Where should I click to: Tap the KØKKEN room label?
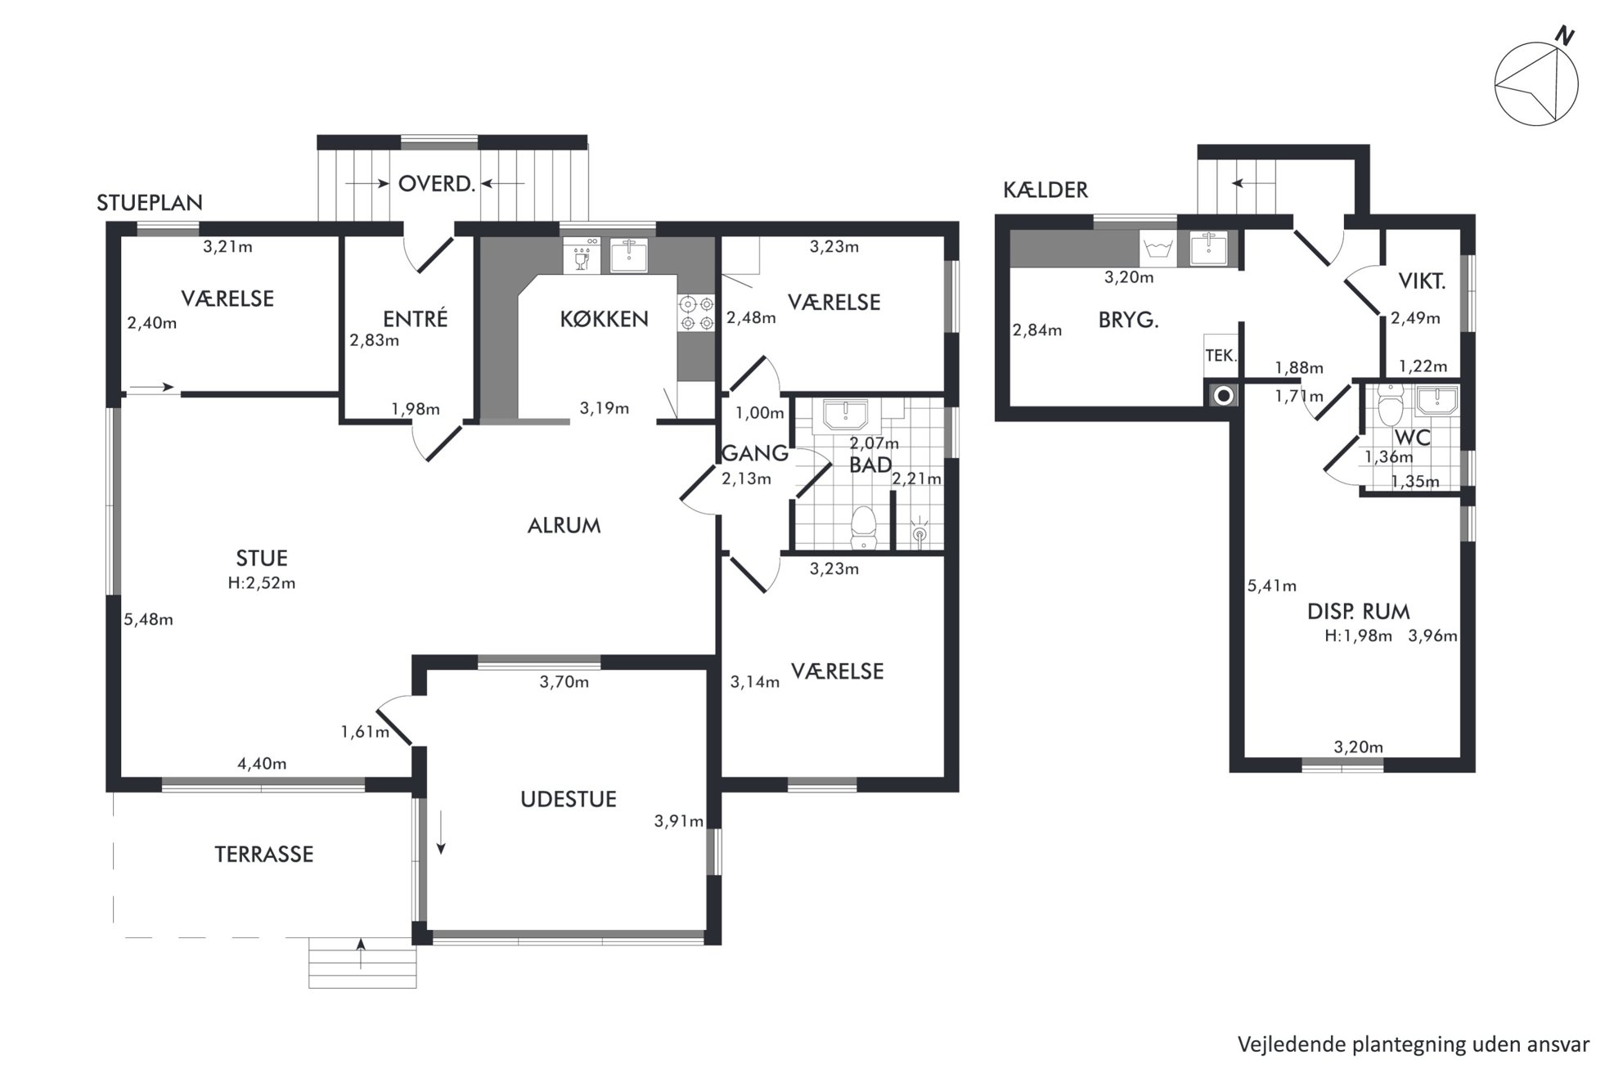pyautogui.click(x=604, y=319)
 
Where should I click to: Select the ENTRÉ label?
pyautogui.click(x=416, y=318)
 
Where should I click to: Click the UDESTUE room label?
pyautogui.click(x=569, y=799)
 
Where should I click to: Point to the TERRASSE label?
pyautogui.click(x=264, y=855)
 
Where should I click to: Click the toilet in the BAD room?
pyautogui.click(x=864, y=528)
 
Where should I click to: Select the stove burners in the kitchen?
pyautogui.click(x=695, y=313)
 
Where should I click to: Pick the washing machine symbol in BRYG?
pyautogui.click(x=1158, y=249)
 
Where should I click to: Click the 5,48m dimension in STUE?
pyautogui.click(x=148, y=620)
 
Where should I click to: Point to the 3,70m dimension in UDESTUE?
pyautogui.click(x=564, y=682)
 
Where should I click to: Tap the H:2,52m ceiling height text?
pyautogui.click(x=262, y=583)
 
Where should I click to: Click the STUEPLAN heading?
pyautogui.click(x=150, y=203)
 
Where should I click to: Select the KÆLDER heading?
pyautogui.click(x=1045, y=190)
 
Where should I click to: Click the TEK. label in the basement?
pyautogui.click(x=1221, y=357)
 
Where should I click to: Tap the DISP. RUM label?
pyautogui.click(x=1358, y=611)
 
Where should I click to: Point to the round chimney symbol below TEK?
pyautogui.click(x=1223, y=397)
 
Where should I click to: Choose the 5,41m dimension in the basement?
pyautogui.click(x=1272, y=586)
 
